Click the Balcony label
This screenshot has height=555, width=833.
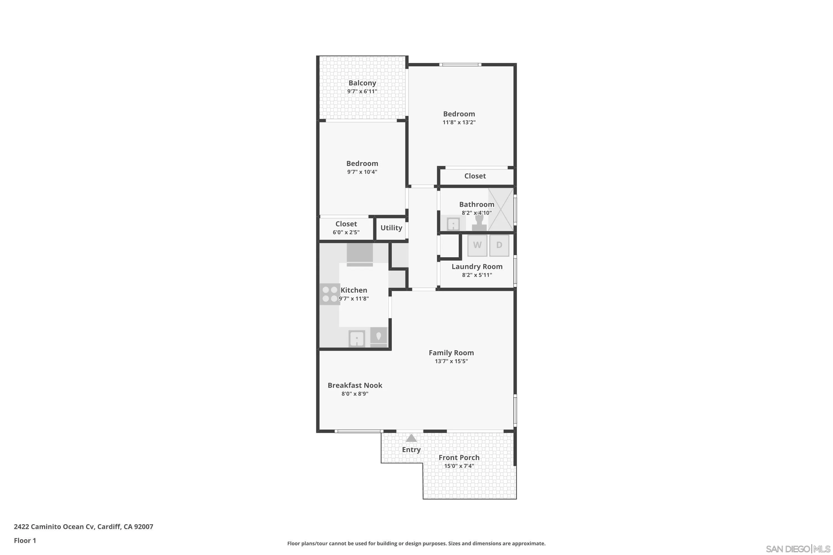362,83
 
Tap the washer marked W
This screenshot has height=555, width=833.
477,245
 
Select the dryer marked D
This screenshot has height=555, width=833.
499,245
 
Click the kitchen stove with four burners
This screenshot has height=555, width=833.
330,294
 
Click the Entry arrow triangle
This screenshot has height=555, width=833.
411,438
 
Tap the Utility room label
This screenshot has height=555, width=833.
391,228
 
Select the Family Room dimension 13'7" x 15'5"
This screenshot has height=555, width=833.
451,361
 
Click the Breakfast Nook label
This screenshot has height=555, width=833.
355,385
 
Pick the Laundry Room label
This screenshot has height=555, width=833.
477,266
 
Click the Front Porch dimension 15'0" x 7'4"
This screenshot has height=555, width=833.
459,466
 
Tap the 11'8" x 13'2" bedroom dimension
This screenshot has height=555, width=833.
459,122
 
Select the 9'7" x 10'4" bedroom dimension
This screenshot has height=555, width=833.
362,172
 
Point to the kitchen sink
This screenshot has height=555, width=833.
357,339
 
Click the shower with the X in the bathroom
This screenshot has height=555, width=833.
500,210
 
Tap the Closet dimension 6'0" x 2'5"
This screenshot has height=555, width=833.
346,233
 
